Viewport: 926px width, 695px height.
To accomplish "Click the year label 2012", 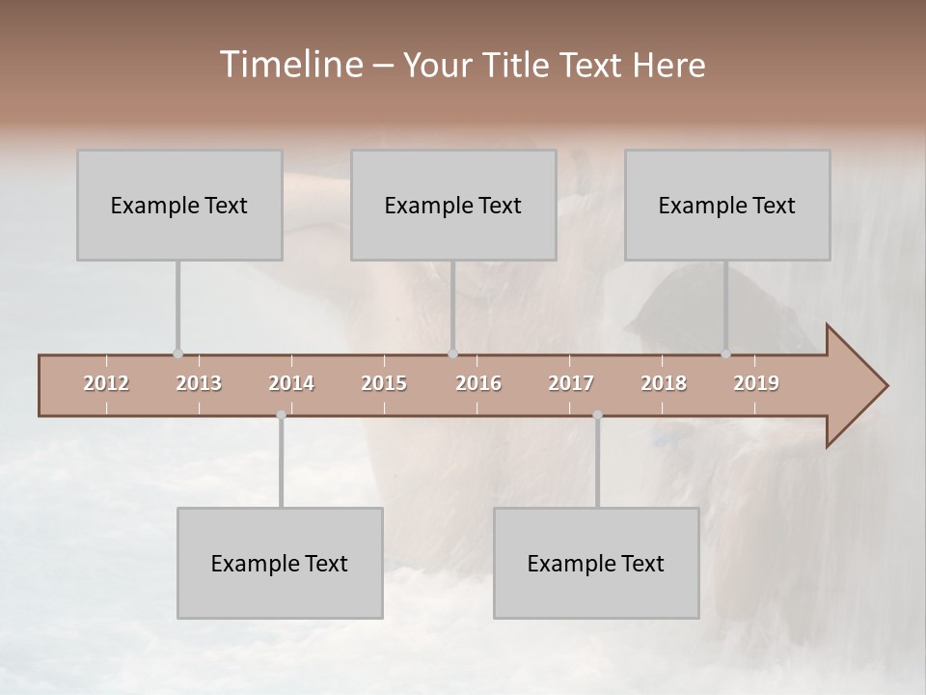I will tap(106, 383).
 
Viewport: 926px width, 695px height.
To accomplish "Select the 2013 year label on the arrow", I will tap(199, 383).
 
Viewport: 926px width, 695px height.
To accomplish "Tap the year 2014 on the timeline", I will tap(291, 383).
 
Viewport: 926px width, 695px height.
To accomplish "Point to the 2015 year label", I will tap(384, 383).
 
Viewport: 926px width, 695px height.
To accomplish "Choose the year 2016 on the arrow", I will tap(478, 383).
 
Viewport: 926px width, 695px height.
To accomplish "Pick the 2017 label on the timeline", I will tap(571, 383).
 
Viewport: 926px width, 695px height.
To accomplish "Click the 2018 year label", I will tap(664, 383).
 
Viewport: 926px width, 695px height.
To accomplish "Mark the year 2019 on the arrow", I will tap(756, 383).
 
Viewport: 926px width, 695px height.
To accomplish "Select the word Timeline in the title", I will tap(289, 65).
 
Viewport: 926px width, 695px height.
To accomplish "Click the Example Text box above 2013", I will tap(179, 205).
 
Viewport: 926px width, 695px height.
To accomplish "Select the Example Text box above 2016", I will tap(453, 205).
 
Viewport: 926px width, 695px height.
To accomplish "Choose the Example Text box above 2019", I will tap(727, 205).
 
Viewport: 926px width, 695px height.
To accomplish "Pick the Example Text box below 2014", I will tap(280, 563).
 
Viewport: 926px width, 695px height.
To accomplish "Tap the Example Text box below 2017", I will tap(596, 563).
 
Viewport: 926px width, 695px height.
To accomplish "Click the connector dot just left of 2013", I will tap(177, 354).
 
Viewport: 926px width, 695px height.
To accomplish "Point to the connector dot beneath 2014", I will tap(281, 415).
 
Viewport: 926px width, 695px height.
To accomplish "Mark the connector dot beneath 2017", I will tap(597, 415).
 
